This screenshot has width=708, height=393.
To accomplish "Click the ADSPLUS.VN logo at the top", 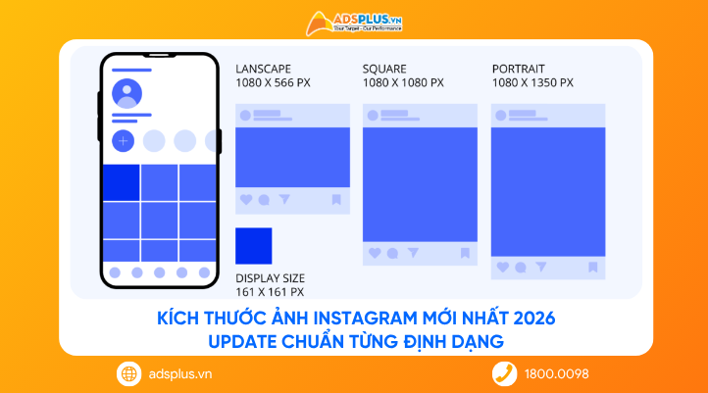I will tap(354, 21).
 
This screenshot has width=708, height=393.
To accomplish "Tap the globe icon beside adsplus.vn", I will tap(128, 373).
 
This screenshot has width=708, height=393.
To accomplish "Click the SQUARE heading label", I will tap(384, 69).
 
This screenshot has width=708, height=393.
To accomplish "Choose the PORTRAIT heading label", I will tap(519, 69).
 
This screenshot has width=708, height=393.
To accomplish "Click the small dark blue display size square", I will tap(254, 245).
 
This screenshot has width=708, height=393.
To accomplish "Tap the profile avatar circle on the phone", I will tap(126, 94).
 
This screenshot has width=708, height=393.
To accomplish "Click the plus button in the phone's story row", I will tap(124, 141).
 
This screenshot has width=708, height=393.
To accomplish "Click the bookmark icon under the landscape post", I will tap(335, 200).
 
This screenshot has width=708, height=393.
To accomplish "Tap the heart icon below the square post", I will tap(374, 253).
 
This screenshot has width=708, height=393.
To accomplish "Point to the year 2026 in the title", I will tap(535, 319).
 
